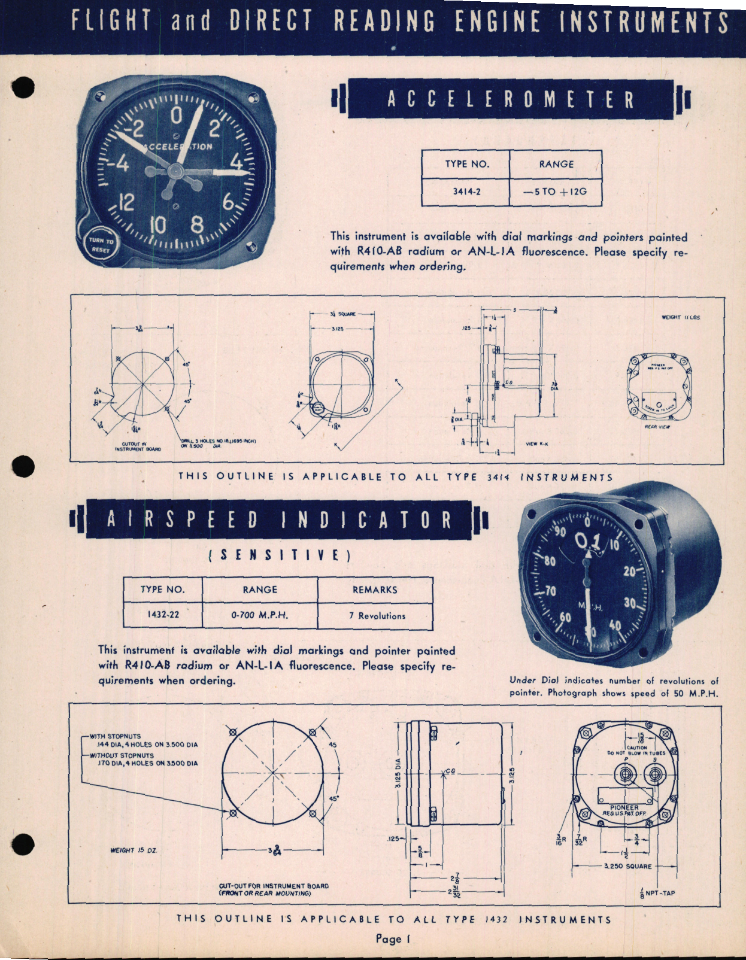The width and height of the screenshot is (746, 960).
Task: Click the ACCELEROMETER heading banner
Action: click(511, 99)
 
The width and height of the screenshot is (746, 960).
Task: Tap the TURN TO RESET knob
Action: click(101, 245)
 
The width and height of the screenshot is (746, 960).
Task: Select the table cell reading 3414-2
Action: click(466, 192)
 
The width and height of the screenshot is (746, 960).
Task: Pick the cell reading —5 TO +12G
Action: click(555, 192)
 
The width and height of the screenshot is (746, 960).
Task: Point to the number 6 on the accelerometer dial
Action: click(229, 202)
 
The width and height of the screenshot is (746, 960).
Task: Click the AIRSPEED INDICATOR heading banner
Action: click(279, 520)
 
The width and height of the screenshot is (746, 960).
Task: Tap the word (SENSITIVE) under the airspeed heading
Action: click(279, 555)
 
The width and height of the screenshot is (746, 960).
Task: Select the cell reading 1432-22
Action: click(163, 615)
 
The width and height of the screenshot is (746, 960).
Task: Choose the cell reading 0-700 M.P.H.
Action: click(260, 615)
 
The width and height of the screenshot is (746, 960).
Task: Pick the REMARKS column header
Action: click(375, 590)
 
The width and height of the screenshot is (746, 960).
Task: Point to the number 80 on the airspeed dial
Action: click(549, 561)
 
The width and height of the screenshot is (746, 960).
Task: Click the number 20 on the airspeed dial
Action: click(629, 572)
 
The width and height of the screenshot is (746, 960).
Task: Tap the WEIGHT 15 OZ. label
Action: click(134, 850)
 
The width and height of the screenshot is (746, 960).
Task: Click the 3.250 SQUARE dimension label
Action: click(627, 866)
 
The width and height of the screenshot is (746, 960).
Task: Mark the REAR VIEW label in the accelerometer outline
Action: click(657, 427)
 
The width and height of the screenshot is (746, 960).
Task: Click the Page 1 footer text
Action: click(393, 938)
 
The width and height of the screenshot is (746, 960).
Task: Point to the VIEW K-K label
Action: click(536, 444)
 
